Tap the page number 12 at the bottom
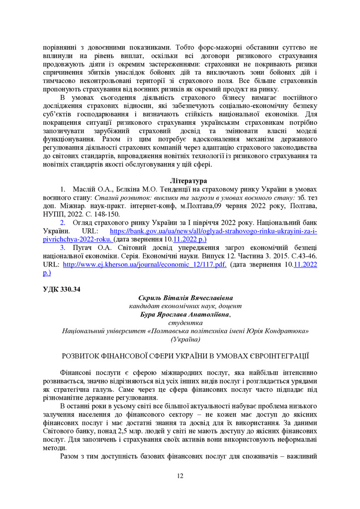pyautogui.click(x=180, y=476)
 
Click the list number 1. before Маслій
pyautogui.click(x=63, y=189)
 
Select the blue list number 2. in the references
pyautogui.click(x=63, y=223)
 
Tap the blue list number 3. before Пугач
pyautogui.click(x=63, y=248)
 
